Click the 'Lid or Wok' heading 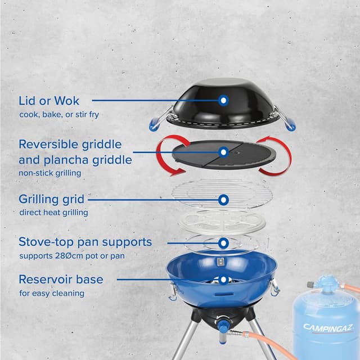[x=49, y=101]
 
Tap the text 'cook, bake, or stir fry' [x=59, y=115]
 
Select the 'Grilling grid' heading [x=52, y=199]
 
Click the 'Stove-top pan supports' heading [x=85, y=242]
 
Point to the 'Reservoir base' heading [x=61, y=279]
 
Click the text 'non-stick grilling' [x=50, y=173]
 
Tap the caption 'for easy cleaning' [x=51, y=293]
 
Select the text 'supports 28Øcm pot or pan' [x=71, y=256]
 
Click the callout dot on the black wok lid [x=223, y=101]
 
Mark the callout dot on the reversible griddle [x=223, y=152]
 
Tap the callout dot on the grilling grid [x=223, y=199]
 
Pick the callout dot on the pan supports [x=223, y=242]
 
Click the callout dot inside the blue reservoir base [x=223, y=279]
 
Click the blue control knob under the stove [x=223, y=326]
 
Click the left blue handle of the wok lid [x=155, y=123]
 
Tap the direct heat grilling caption [x=54, y=213]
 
